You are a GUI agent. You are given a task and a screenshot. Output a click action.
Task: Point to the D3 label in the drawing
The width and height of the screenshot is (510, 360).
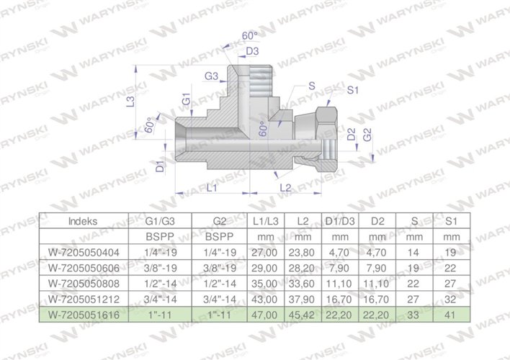coord(252,52)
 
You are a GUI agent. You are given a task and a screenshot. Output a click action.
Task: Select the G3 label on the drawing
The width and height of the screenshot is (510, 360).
coord(211,76)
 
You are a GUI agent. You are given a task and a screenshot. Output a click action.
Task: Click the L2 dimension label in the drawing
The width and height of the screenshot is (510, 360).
coord(285,187)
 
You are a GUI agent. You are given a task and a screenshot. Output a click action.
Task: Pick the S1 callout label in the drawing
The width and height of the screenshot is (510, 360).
coord(353,90)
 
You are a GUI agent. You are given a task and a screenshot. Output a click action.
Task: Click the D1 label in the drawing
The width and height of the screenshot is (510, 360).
coord(161,166)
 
